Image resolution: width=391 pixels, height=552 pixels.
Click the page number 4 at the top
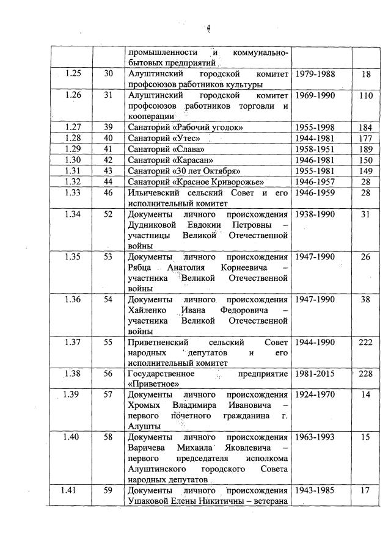(x=208, y=27)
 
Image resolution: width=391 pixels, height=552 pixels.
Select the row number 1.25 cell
(x=72, y=74)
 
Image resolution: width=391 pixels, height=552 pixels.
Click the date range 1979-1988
(x=315, y=74)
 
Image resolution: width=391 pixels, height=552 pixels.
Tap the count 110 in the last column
(x=365, y=96)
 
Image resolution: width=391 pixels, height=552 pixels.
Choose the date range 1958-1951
(x=315, y=149)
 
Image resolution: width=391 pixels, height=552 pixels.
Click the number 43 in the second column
(x=108, y=171)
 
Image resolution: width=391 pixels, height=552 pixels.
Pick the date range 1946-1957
(x=315, y=182)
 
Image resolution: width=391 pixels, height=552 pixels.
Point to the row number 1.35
(x=72, y=257)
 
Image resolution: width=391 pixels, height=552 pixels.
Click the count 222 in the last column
(x=365, y=343)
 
